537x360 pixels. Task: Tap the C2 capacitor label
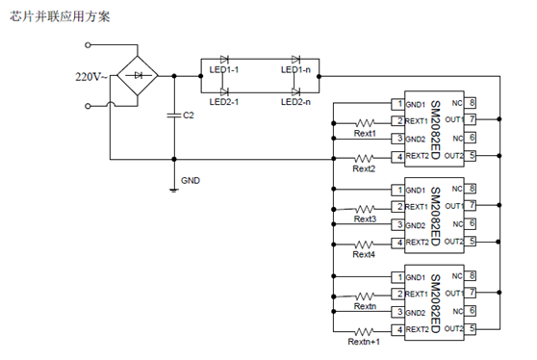click(190, 116)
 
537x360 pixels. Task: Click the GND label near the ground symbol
click(192, 180)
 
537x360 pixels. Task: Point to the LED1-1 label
click(224, 70)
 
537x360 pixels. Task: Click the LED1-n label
click(295, 70)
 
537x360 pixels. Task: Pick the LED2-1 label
click(224, 101)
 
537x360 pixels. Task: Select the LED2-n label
click(295, 101)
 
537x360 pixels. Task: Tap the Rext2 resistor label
click(365, 169)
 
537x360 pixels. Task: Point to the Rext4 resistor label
click(364, 255)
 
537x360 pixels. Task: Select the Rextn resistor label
click(365, 306)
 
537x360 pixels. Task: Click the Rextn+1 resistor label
click(364, 342)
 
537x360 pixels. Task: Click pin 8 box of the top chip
click(472, 102)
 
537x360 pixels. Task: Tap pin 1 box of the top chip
click(396, 104)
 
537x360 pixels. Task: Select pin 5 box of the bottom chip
click(472, 329)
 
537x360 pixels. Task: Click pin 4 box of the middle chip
click(396, 243)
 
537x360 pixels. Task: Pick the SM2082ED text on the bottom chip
click(435, 304)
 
